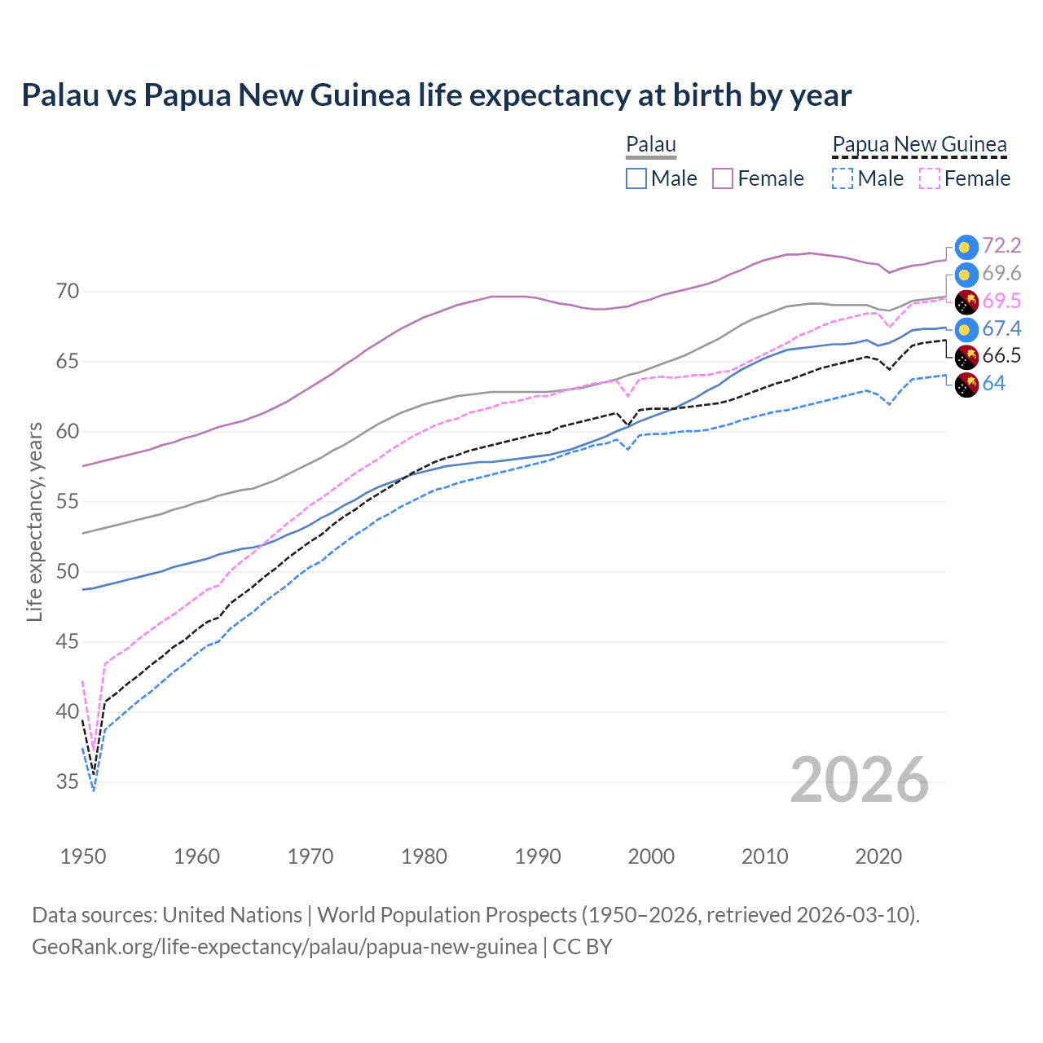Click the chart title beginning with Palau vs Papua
pyautogui.click(x=436, y=95)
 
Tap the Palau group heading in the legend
pyautogui.click(x=650, y=145)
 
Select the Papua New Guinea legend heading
pyautogui.click(x=919, y=145)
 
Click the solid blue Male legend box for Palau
pyautogui.click(x=636, y=178)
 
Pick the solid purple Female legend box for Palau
pyautogui.click(x=723, y=178)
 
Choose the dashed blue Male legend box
pyautogui.click(x=843, y=178)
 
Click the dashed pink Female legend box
pyautogui.click(x=929, y=178)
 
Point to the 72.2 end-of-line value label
pyautogui.click(x=1001, y=246)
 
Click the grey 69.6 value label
pyautogui.click(x=1001, y=274)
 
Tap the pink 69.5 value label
pyautogui.click(x=1001, y=301)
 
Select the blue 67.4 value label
pyautogui.click(x=1001, y=328)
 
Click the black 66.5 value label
pyautogui.click(x=1001, y=356)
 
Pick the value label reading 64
pyautogui.click(x=993, y=384)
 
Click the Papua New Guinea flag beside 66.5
pyautogui.click(x=966, y=357)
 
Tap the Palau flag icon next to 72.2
pyautogui.click(x=966, y=247)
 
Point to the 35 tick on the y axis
pyautogui.click(x=68, y=782)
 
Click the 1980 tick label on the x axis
pyautogui.click(x=424, y=856)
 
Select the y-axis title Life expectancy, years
pyautogui.click(x=34, y=521)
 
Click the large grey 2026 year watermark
pyautogui.click(x=859, y=781)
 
